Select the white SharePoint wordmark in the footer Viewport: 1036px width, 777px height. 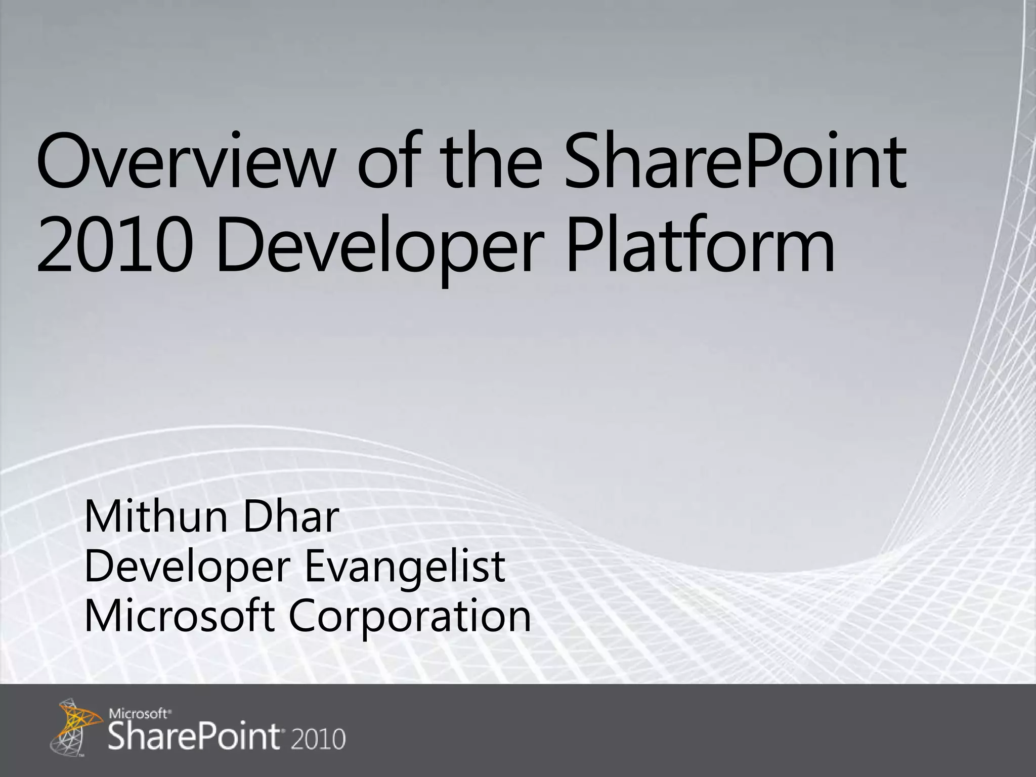click(195, 738)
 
